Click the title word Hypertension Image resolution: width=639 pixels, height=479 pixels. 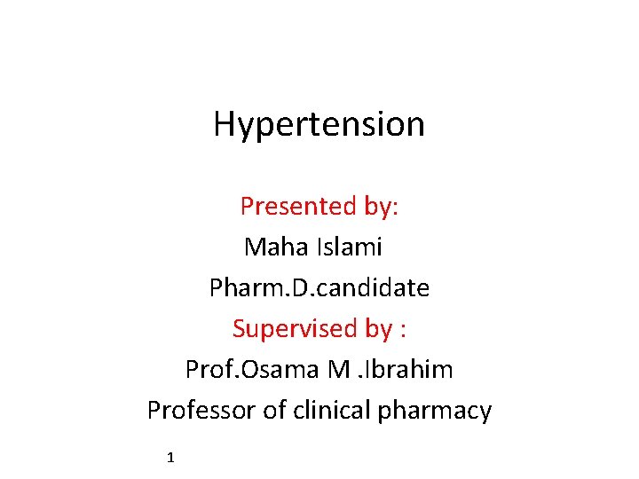[319, 124]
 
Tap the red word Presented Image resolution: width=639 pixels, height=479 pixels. [297, 206]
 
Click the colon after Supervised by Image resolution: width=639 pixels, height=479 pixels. [404, 330]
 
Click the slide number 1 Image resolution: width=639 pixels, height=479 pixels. [170, 458]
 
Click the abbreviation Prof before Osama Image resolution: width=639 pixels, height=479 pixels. [205, 369]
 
